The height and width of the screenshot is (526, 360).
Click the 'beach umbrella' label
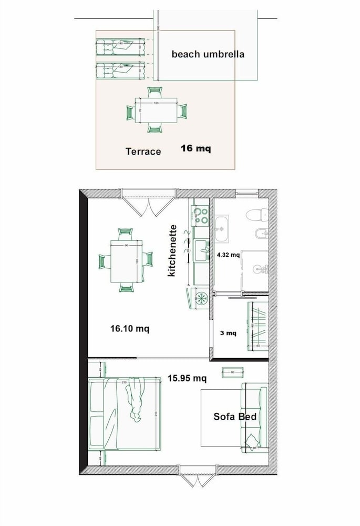click(208, 54)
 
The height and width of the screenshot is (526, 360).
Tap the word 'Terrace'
click(143, 151)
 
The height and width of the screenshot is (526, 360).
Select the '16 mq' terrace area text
click(196, 148)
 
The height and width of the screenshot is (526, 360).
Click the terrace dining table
click(156, 111)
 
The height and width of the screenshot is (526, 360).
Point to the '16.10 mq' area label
click(129, 329)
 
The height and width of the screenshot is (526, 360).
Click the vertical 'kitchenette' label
click(172, 251)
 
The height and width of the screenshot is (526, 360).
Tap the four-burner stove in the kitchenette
click(200, 215)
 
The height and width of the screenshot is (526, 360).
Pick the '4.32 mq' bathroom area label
click(228, 255)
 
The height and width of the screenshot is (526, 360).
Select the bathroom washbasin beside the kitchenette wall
click(222, 228)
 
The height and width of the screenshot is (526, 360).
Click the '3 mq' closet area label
click(228, 333)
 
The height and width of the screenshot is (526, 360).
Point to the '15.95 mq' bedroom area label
click(187, 378)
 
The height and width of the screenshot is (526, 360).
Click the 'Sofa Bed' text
click(234, 417)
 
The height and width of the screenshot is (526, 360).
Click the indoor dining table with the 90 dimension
click(126, 261)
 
